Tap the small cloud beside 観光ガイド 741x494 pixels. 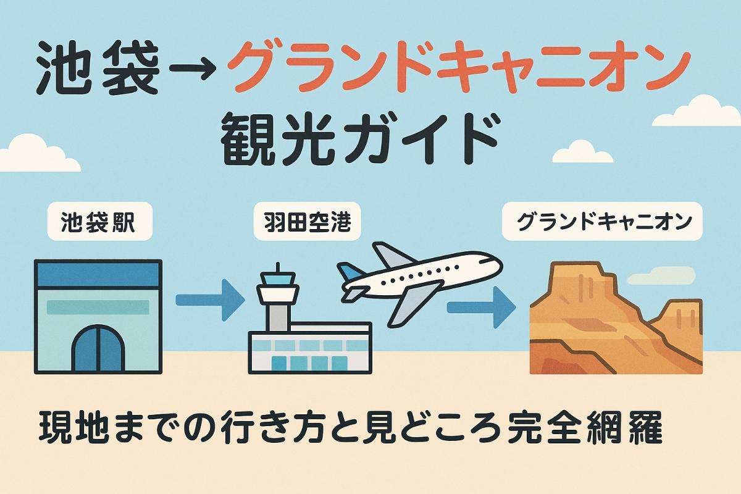580,151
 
